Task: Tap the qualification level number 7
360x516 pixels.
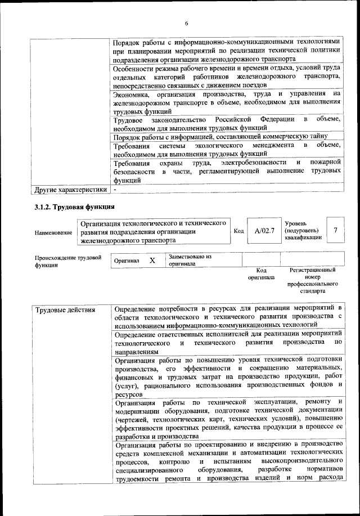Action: coord(335,230)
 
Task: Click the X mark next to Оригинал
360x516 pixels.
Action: coord(152,261)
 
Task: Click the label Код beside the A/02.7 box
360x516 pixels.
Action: coord(238,230)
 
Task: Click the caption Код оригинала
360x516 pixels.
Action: coord(260,273)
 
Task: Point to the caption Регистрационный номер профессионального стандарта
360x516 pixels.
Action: coord(313,281)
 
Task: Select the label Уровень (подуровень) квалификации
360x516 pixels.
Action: coord(304,230)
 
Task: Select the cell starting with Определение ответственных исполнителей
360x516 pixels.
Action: coord(227,342)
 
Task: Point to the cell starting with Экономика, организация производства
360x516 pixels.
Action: coord(227,102)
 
